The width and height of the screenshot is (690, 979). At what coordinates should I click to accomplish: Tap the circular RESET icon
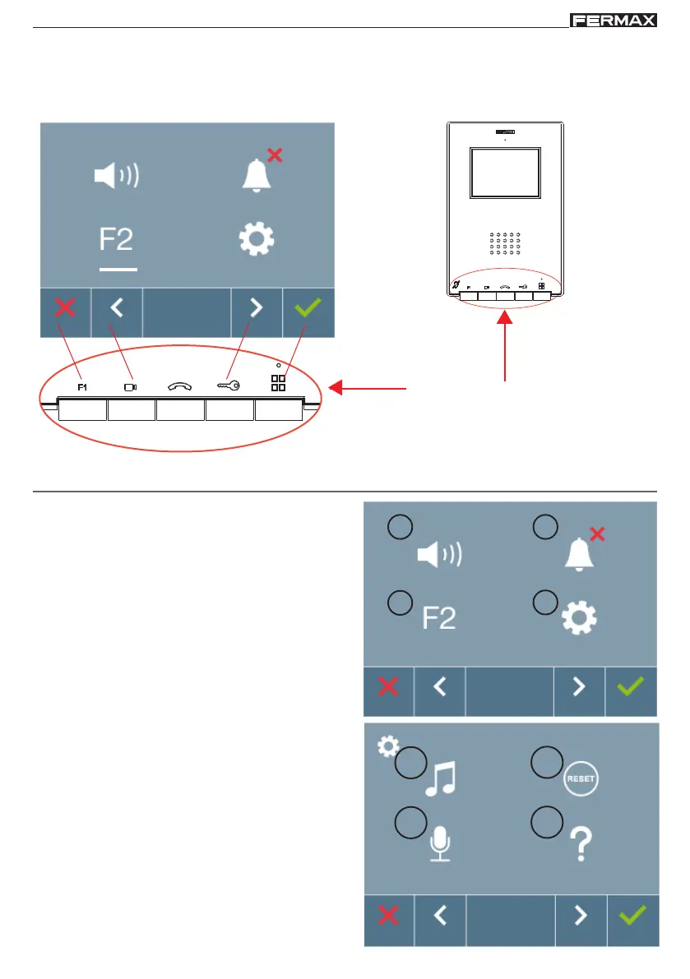pos(581,778)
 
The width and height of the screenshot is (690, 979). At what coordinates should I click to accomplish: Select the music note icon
pos(441,779)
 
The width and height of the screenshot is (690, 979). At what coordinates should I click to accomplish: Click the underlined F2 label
pos(118,241)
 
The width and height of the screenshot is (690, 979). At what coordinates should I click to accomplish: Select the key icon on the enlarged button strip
pos(228,383)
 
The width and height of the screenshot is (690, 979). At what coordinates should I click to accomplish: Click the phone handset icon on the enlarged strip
pos(179,384)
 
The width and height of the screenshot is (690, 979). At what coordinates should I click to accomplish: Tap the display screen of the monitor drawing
pos(506,173)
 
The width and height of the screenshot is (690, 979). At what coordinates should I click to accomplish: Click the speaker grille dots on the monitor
pos(505,245)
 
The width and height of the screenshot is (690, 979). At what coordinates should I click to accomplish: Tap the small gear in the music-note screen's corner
pos(387,746)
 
